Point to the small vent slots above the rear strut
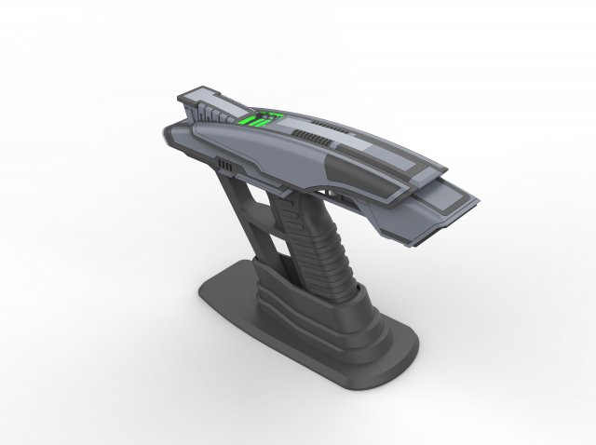[223, 165]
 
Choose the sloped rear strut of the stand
[240, 223]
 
